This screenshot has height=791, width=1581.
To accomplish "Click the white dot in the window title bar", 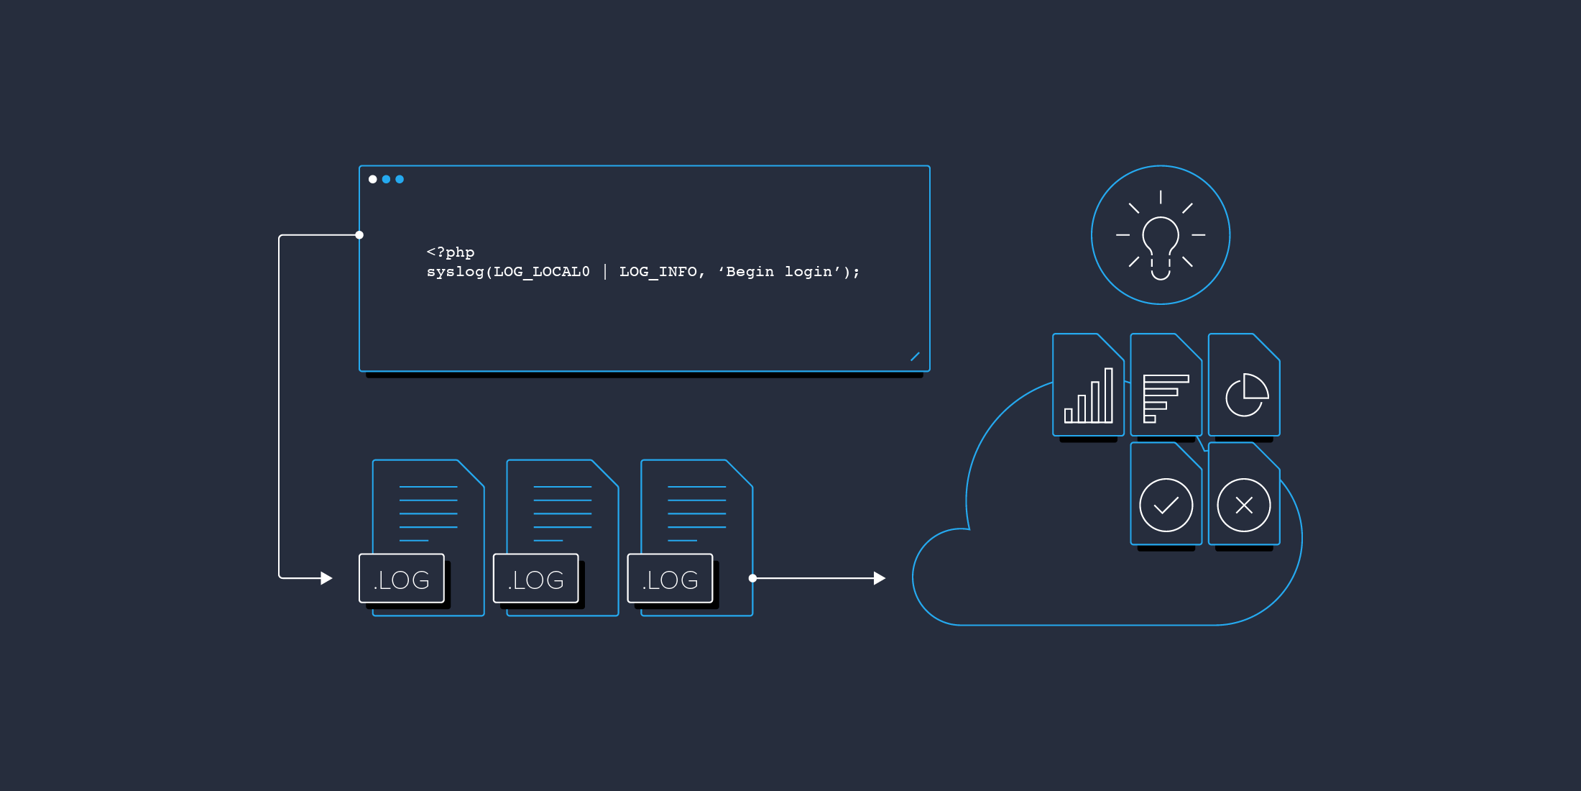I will pos(372,179).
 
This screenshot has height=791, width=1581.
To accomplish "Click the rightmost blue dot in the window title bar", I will pos(400,179).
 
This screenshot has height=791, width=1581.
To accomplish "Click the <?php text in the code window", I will pos(451,252).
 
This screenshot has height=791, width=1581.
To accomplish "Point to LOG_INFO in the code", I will pos(658,272).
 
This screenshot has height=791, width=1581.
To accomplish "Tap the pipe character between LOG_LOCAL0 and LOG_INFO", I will pos(605,272).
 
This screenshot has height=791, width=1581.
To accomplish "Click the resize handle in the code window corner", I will pos(915,357).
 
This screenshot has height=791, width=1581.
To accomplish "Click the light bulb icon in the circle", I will pos(1161,244).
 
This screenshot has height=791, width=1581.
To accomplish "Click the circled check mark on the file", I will pos(1166,505).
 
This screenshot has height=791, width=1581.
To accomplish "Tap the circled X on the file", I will pos(1244,505).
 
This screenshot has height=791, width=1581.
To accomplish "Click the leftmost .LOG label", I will pos(402,579).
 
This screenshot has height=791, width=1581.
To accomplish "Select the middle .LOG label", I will pos(536,579).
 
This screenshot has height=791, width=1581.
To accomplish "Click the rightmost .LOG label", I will pos(670,579).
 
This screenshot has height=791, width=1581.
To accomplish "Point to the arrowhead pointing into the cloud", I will pos(879,578).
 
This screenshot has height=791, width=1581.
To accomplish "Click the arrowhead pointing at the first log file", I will pos(326,578).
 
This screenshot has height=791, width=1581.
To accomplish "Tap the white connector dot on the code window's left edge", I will pos(359,235).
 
